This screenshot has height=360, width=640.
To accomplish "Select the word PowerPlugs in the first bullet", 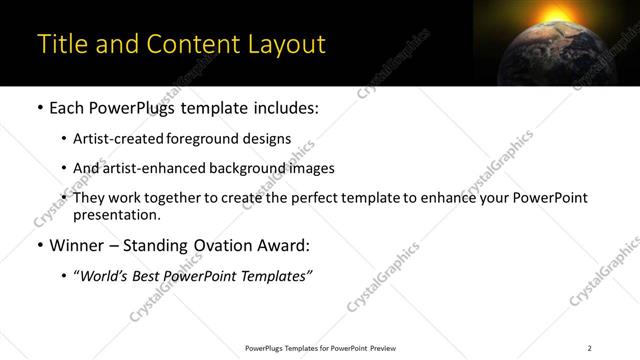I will [132, 109].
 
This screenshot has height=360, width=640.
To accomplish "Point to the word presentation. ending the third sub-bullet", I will [116, 215].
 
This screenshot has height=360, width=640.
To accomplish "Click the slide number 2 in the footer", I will [589, 348].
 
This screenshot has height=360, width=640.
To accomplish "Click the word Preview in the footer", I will [383, 348].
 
